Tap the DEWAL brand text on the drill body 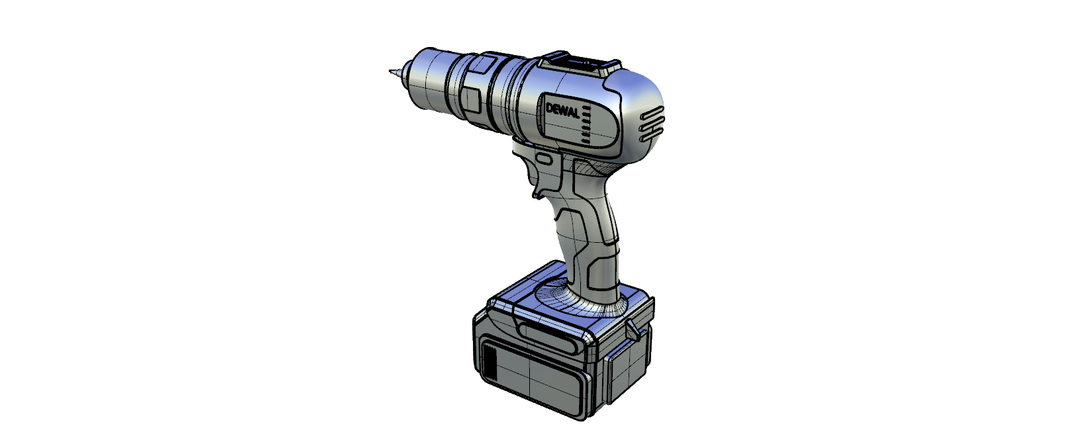(x=563, y=111)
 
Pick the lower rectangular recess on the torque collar (x=470, y=99)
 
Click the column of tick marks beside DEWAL (x=586, y=126)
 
